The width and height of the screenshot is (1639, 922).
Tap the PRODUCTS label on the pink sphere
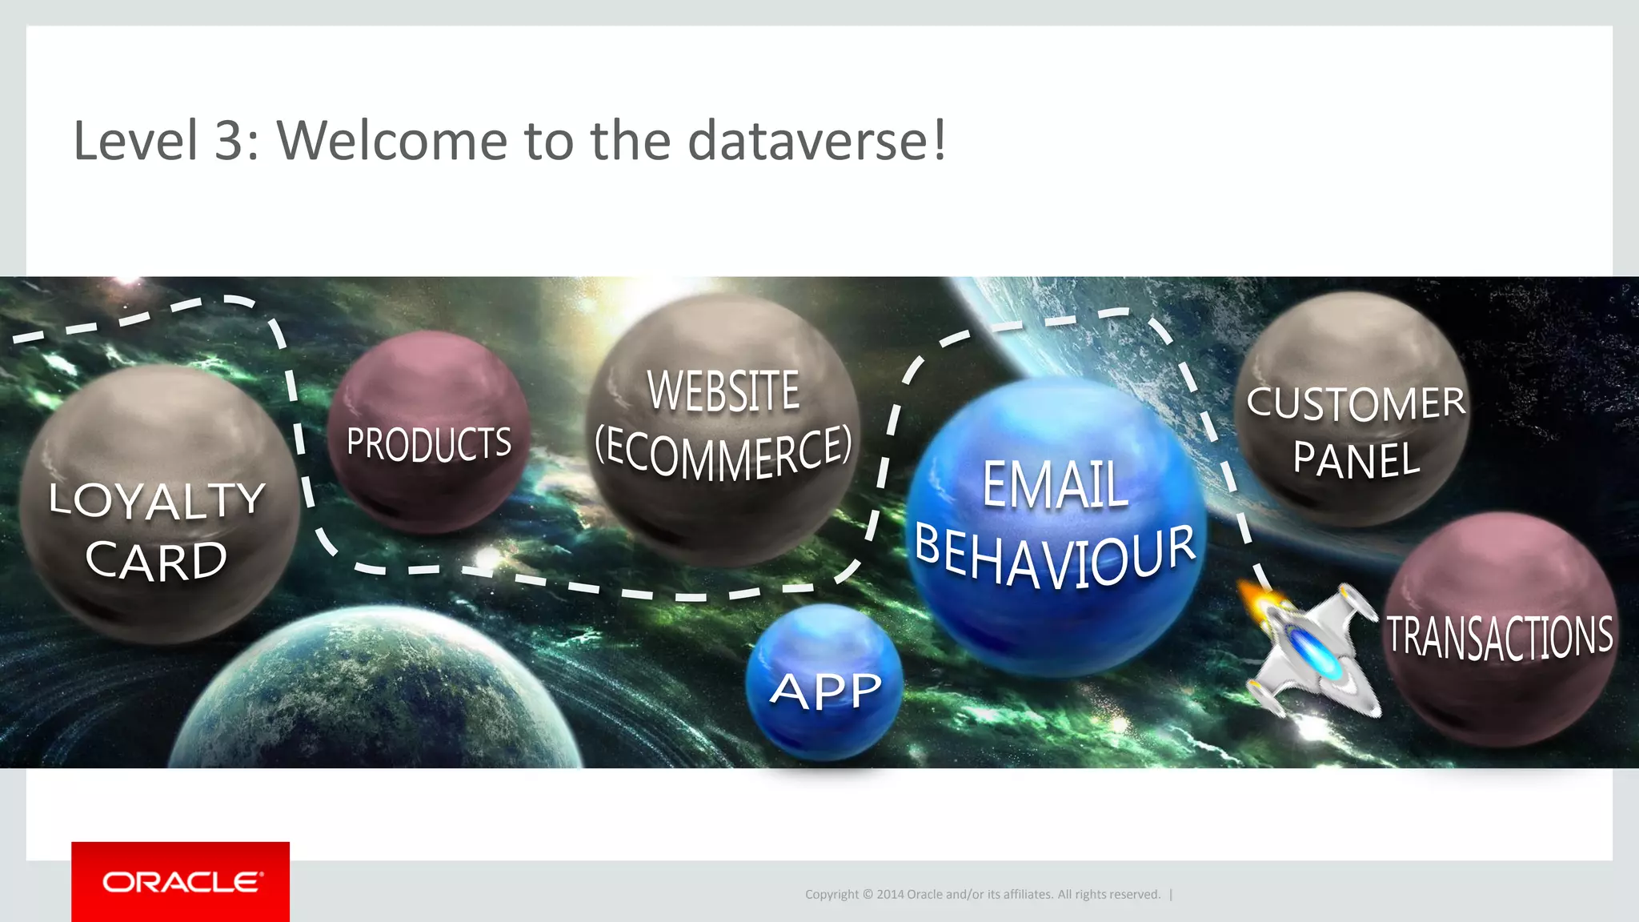tap(429, 443)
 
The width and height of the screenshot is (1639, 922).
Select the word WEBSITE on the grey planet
tap(723, 391)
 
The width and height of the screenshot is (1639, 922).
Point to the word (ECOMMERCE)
tap(723, 453)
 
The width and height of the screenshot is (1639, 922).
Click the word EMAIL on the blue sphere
tap(1055, 485)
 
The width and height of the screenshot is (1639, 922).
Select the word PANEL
tap(1356, 460)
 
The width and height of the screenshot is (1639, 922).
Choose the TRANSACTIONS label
tap(1500, 637)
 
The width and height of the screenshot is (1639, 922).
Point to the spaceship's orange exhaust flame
tap(1256, 600)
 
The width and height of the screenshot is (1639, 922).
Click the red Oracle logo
tap(181, 881)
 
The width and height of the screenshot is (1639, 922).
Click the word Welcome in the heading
tap(392, 141)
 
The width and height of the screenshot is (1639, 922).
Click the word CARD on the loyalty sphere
tap(157, 560)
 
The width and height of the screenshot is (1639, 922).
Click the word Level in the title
tap(134, 141)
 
